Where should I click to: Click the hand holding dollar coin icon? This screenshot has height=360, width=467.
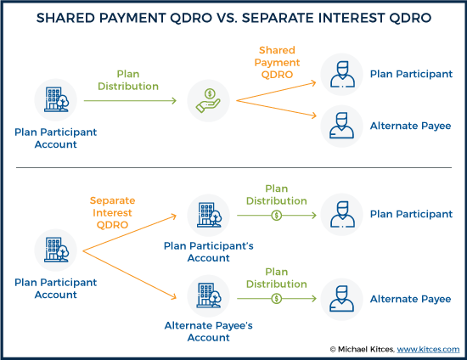208,101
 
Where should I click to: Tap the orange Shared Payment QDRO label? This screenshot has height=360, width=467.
277,62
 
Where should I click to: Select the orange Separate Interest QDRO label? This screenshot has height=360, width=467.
112,212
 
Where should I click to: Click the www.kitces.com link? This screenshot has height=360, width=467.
428,349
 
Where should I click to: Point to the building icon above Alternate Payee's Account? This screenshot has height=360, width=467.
209,295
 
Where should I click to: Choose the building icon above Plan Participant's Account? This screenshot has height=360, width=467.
209,215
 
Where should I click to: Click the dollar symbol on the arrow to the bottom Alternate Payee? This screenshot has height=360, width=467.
277,298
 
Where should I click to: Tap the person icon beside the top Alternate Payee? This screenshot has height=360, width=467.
342,126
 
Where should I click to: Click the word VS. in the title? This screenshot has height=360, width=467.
227,18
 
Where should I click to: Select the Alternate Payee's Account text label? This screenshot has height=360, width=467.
209,331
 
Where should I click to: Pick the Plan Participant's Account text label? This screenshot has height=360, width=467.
209,252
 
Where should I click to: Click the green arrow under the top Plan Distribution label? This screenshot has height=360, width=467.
130,101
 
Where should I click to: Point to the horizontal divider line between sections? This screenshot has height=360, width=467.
233,167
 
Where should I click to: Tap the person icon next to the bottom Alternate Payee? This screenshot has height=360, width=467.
342,299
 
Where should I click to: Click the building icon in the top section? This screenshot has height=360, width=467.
56,99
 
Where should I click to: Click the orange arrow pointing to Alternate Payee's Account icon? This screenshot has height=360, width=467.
130,274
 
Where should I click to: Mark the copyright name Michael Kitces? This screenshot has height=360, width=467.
366,349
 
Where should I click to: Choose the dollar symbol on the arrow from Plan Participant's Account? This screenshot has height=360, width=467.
277,216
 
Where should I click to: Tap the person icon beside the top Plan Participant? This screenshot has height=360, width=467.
342,74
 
